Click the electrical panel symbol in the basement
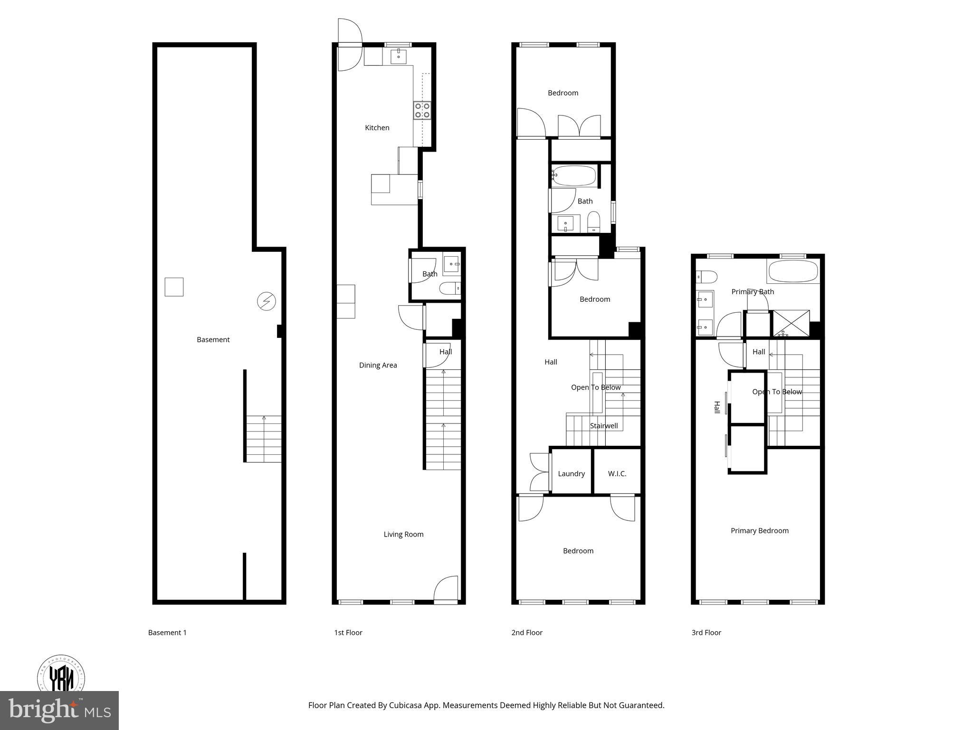(x=266, y=301)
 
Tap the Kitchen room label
(x=377, y=127)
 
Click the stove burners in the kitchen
(x=422, y=110)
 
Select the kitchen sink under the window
(x=398, y=57)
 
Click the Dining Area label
(x=378, y=365)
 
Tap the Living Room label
(x=403, y=534)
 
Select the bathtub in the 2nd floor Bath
(x=574, y=175)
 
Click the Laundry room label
(x=571, y=473)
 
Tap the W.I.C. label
(x=617, y=473)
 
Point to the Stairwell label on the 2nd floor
(x=604, y=425)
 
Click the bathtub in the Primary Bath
(x=793, y=271)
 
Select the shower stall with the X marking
(x=791, y=323)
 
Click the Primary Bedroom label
(x=759, y=530)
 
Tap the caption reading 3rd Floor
(x=706, y=632)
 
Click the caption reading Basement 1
(x=167, y=632)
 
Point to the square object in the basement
(x=174, y=287)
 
